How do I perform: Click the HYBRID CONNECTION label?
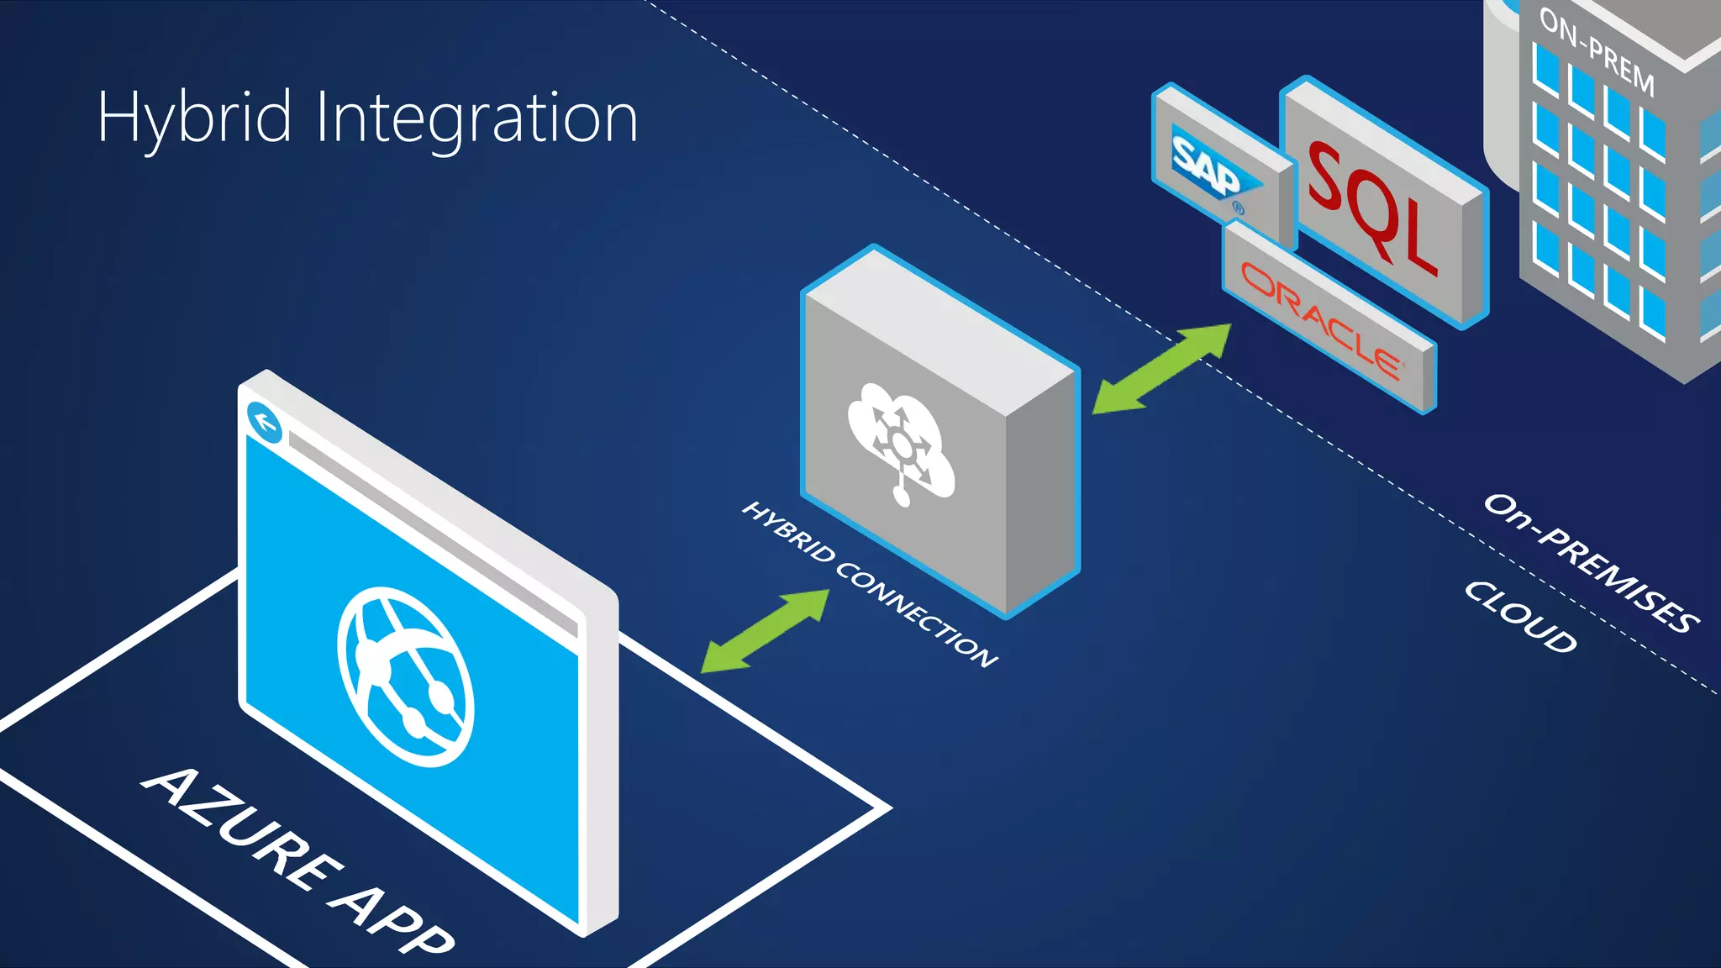(x=870, y=585)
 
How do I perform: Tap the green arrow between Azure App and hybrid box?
(x=765, y=631)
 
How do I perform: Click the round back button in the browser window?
(x=265, y=422)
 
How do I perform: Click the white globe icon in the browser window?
(x=406, y=677)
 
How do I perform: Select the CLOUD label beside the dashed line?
(x=1520, y=617)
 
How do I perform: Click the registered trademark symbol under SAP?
(x=1238, y=208)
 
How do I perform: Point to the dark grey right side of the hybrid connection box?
(x=1042, y=496)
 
